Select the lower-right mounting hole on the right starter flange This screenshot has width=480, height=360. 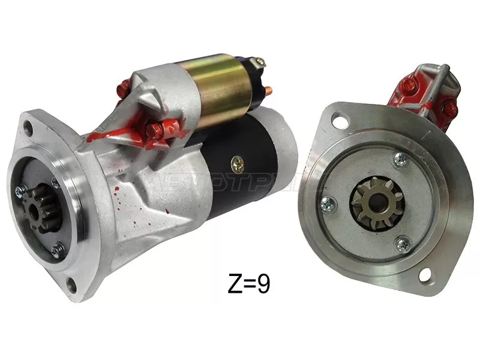pyautogui.click(x=424, y=276)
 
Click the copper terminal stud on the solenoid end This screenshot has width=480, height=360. pyautogui.click(x=268, y=91)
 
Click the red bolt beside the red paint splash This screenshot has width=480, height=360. pyautogui.click(x=152, y=128)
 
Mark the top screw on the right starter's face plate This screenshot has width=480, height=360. pyautogui.click(x=400, y=159)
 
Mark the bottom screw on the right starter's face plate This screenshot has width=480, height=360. pyautogui.click(x=402, y=243)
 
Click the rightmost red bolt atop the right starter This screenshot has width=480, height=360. pyautogui.click(x=449, y=108)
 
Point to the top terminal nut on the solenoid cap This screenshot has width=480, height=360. pyautogui.click(x=259, y=61)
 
